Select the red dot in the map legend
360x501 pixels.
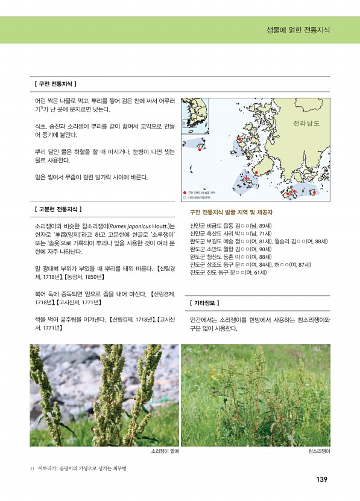point(185,192)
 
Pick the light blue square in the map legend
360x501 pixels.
point(185,197)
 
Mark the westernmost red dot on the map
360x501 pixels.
point(200,150)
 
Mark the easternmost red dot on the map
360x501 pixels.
point(314,192)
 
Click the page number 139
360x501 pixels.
point(321,480)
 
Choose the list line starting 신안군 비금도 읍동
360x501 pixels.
point(230,225)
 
